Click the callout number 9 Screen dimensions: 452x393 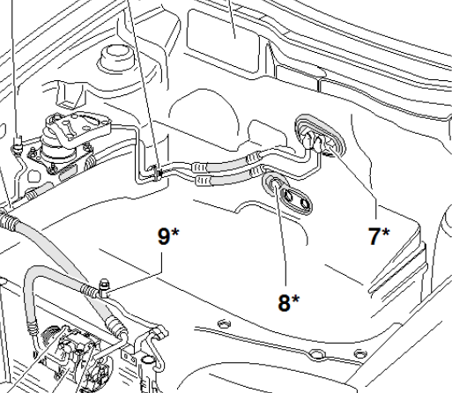164,236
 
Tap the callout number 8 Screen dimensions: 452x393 284,303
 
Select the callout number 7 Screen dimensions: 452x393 374,236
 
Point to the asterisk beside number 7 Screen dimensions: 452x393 386,232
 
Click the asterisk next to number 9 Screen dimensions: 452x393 174,232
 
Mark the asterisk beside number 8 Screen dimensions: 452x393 295,299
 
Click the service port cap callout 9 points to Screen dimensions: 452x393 103,287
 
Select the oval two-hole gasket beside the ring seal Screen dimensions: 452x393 295,200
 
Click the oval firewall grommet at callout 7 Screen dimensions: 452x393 320,136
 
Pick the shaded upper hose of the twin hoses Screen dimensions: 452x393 227,165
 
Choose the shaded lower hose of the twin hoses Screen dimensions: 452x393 230,178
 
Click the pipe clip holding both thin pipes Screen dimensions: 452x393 156,174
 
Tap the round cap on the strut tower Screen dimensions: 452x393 117,56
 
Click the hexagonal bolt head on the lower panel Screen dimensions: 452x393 224,323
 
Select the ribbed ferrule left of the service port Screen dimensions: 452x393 88,290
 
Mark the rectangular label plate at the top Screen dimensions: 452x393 223,41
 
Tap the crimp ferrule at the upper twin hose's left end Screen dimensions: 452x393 199,167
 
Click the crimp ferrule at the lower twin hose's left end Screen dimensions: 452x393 204,180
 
